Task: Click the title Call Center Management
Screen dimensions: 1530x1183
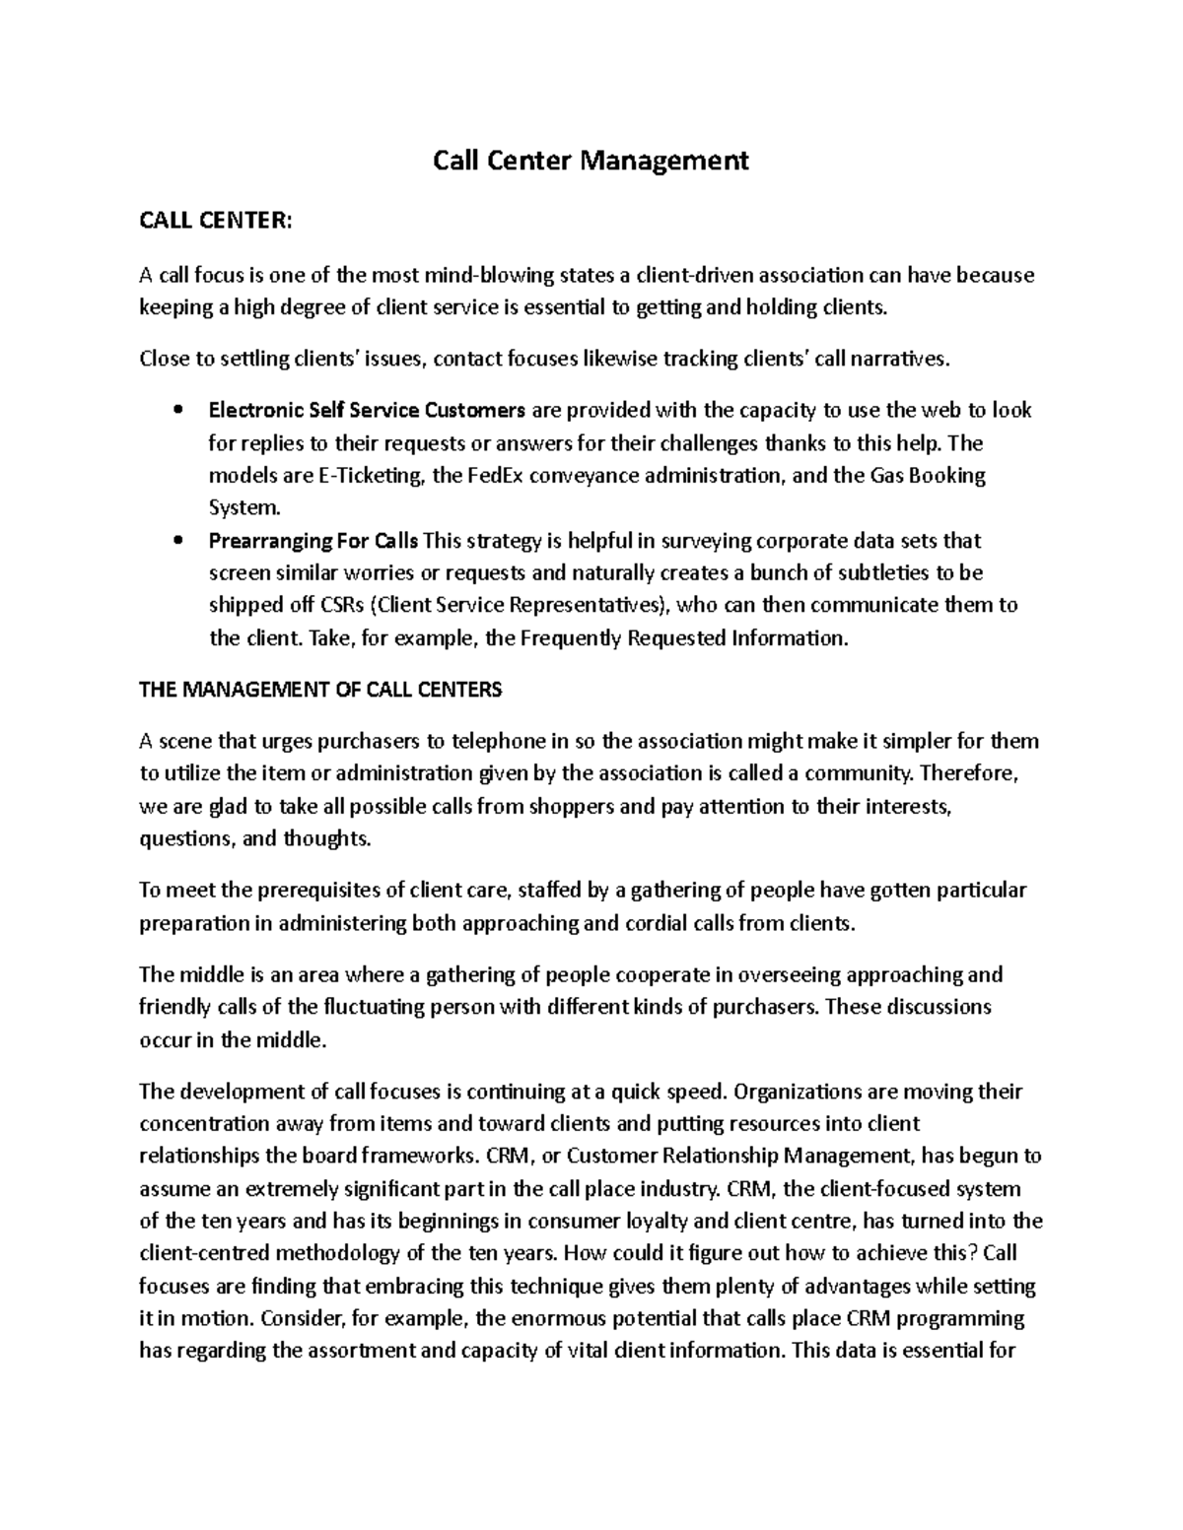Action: pos(591,160)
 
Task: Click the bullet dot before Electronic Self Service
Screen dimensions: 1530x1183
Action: pos(177,410)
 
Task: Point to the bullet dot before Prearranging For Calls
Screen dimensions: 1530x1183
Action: pos(177,541)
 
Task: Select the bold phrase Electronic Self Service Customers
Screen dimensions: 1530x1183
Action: pos(367,410)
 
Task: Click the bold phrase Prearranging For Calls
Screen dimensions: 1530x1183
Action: pos(313,541)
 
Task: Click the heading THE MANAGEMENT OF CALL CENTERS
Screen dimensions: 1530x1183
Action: pos(320,690)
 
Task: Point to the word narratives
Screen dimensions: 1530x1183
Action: pos(903,359)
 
